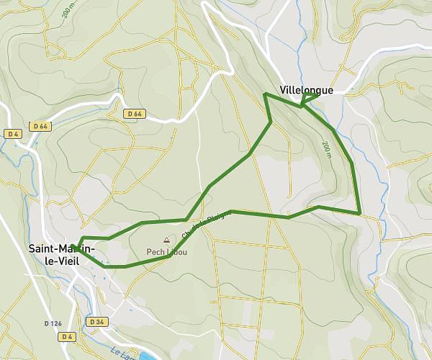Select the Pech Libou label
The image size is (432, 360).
166,252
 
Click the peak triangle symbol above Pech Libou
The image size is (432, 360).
166,240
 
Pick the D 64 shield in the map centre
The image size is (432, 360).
135,114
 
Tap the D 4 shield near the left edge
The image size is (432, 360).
12,134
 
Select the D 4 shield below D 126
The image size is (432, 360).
68,336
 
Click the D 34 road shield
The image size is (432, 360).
97,321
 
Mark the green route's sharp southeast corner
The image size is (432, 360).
359,212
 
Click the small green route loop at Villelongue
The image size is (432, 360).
309,99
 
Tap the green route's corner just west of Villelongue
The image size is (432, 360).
266,94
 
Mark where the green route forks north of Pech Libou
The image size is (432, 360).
188,219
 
